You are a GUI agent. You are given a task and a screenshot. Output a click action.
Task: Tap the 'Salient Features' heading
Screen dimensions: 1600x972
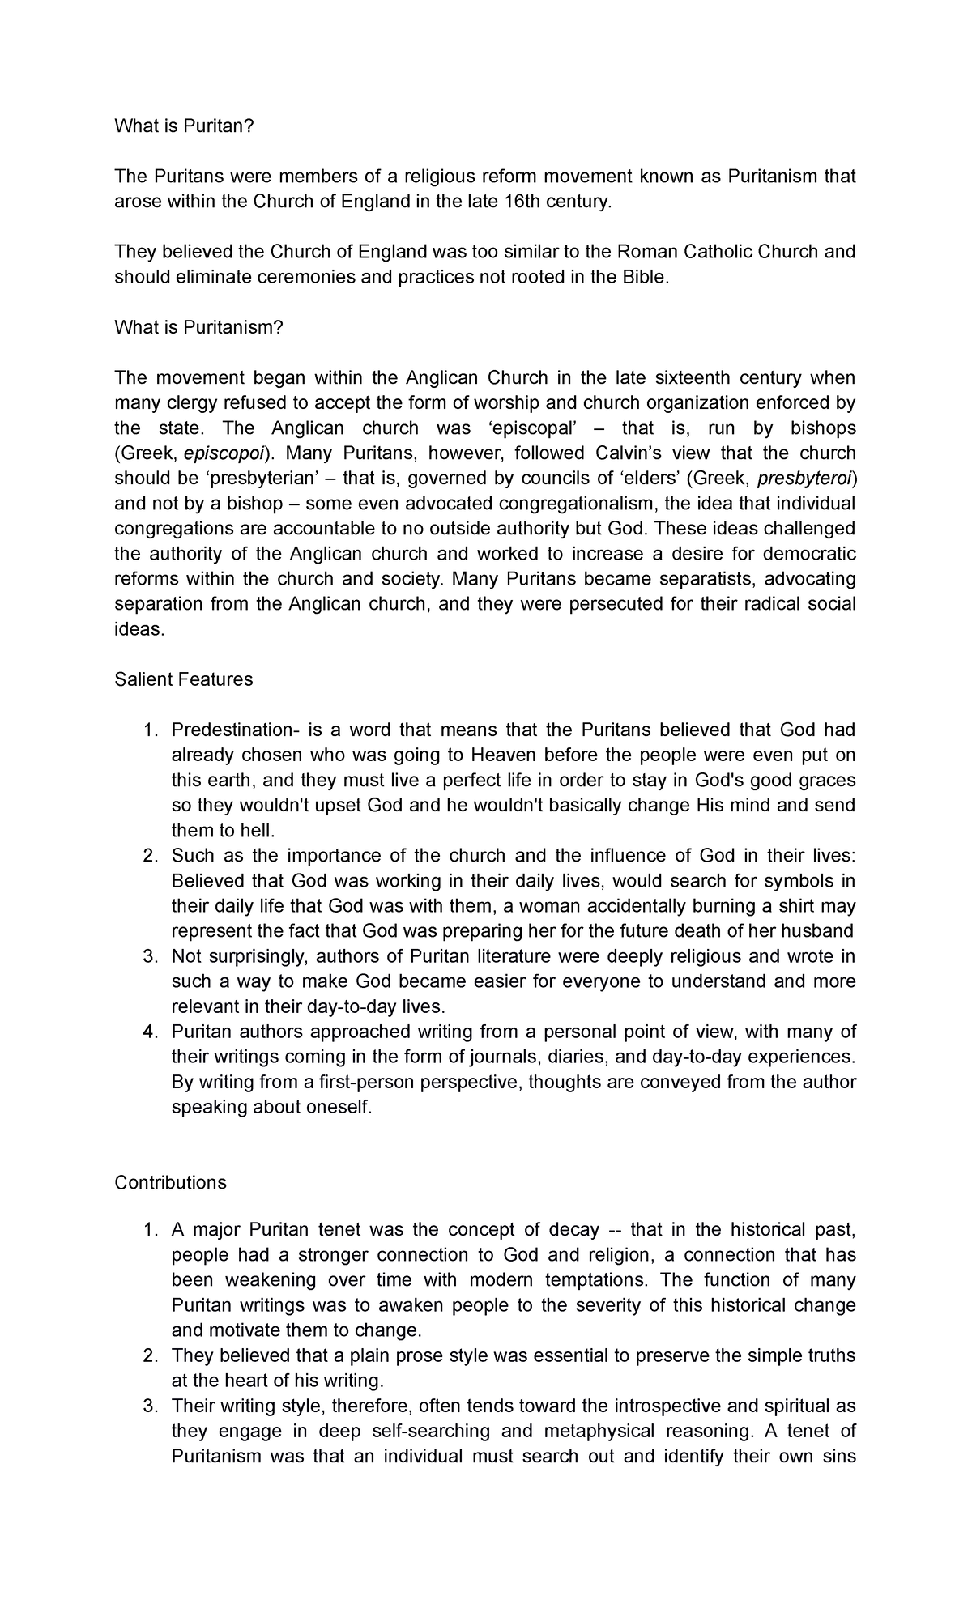[184, 679]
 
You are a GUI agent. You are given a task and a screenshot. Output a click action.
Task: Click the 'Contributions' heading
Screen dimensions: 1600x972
[170, 1182]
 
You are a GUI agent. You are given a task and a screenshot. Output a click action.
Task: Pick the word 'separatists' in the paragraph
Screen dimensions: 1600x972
[706, 579]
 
